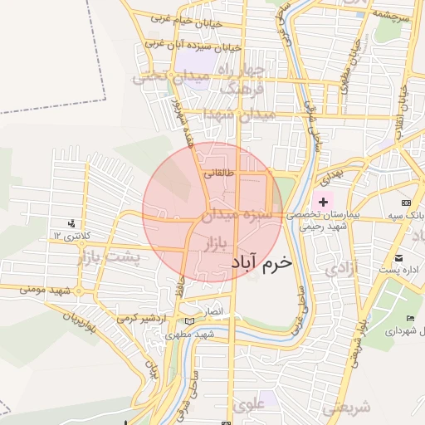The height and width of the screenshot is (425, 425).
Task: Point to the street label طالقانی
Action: tap(219, 174)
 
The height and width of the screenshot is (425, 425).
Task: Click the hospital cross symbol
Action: tap(323, 202)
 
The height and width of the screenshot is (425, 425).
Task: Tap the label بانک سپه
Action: tap(405, 215)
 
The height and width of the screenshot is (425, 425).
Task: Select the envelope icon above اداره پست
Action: tap(399, 258)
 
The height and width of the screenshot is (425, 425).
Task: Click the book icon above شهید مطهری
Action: tap(190, 322)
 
